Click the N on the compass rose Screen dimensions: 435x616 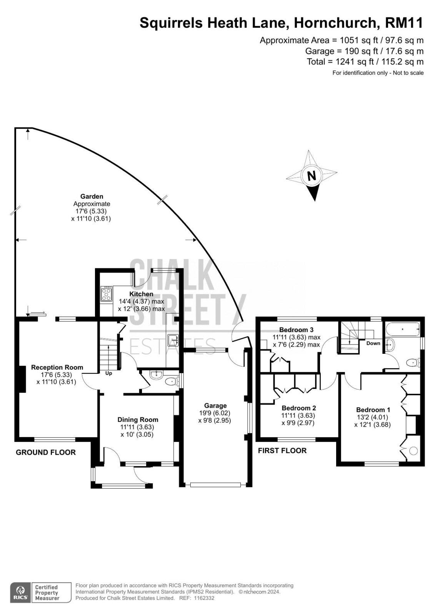click(311, 176)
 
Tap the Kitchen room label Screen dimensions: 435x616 click(141, 294)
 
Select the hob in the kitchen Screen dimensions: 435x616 click(106, 293)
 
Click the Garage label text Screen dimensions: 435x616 click(215, 406)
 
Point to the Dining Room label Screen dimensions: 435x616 click(138, 420)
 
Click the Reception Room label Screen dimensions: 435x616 click(57, 367)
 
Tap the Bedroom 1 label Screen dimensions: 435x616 click(373, 410)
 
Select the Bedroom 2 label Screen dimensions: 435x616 click(299, 408)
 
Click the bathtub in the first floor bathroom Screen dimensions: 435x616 click(403, 329)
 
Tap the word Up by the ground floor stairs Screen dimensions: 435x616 click(108, 373)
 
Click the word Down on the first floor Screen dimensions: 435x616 click(373, 343)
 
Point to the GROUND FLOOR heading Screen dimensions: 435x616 click(46, 452)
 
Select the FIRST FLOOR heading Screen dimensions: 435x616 click(282, 450)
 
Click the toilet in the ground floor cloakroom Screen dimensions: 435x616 click(172, 382)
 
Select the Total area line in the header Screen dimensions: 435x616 click(365, 62)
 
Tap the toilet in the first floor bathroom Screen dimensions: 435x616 click(413, 363)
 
